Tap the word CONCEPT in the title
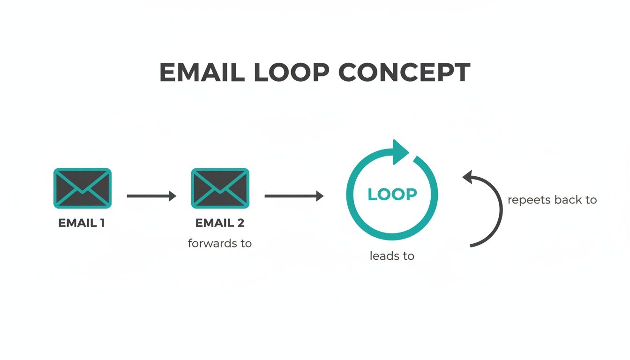coord(404,73)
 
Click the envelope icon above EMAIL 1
coord(82,188)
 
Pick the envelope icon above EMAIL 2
coord(220,188)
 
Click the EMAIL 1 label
coord(82,223)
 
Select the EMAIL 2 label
coord(220,223)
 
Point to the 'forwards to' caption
coord(220,243)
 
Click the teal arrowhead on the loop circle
coord(401,151)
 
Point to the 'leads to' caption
coord(392,256)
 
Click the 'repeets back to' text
coord(552,200)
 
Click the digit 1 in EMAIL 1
coord(101,223)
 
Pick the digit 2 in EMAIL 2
coord(240,223)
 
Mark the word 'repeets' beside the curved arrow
coord(529,201)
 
